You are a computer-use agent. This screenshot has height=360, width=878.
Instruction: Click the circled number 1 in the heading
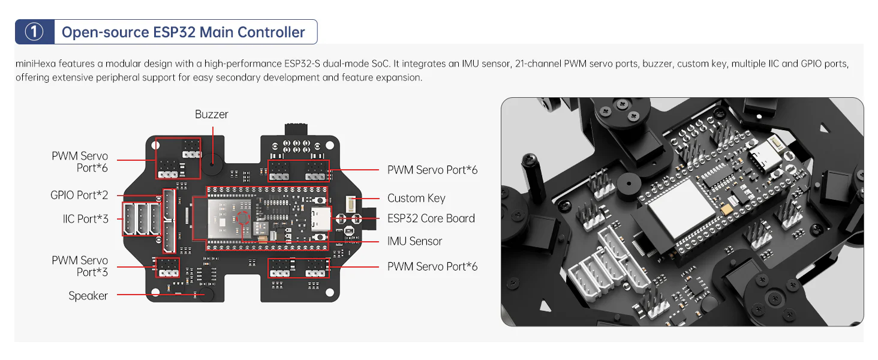pyautogui.click(x=34, y=32)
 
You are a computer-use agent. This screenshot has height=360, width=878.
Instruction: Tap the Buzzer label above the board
pyautogui.click(x=211, y=114)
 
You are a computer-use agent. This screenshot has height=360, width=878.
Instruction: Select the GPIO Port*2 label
pyautogui.click(x=80, y=195)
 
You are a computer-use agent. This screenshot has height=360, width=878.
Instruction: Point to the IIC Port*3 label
pyautogui.click(x=86, y=218)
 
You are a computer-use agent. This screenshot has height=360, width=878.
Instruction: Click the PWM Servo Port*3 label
pyautogui.click(x=80, y=266)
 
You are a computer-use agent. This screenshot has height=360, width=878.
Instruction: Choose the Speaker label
pyautogui.click(x=88, y=295)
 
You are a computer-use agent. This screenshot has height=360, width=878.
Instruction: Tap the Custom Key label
pyautogui.click(x=416, y=198)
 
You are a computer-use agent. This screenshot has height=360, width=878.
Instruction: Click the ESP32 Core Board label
pyautogui.click(x=431, y=218)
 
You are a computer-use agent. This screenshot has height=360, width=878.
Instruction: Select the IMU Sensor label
pyautogui.click(x=414, y=241)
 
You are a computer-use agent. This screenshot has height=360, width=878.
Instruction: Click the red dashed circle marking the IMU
pyautogui.click(x=242, y=218)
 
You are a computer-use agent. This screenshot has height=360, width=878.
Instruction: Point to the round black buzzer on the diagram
pyautogui.click(x=212, y=163)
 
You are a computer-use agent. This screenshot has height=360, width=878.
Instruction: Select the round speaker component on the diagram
pyautogui.click(x=207, y=294)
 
